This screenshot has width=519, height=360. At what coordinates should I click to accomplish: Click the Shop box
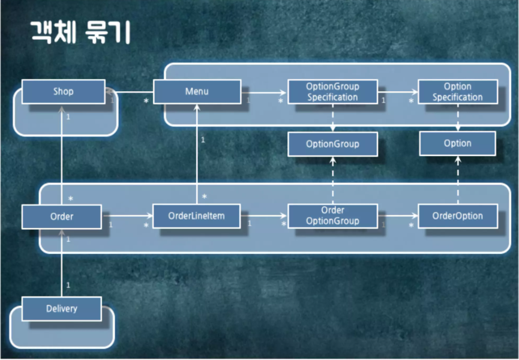[x=63, y=92]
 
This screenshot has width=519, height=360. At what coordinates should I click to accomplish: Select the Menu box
[x=197, y=92]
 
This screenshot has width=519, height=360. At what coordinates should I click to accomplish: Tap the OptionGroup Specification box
[x=332, y=92]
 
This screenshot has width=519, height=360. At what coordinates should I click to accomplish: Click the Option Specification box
[x=457, y=92]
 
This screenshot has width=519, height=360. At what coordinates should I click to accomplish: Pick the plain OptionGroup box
[x=332, y=144]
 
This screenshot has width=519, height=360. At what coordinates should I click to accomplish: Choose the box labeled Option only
[x=457, y=144]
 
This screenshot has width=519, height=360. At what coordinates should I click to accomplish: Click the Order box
[x=62, y=216]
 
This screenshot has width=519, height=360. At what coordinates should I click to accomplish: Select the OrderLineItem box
[x=196, y=216]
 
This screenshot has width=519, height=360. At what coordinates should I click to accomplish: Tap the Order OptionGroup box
[x=332, y=216]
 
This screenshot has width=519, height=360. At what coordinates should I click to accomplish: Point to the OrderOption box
[x=457, y=216]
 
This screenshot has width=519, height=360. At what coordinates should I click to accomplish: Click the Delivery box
[x=62, y=308]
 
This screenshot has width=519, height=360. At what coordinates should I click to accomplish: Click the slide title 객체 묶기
[x=80, y=32]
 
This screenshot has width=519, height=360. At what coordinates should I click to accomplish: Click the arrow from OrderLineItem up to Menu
[x=196, y=156]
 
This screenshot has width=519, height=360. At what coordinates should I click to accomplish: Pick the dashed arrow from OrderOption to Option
[x=458, y=180]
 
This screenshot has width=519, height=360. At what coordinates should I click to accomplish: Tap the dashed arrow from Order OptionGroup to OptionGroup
[x=332, y=180]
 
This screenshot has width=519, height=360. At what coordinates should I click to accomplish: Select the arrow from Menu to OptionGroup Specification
[x=264, y=92]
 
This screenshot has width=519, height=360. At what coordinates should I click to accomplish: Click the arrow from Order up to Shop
[x=62, y=156]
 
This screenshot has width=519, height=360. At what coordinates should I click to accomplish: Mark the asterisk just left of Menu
[x=146, y=101]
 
